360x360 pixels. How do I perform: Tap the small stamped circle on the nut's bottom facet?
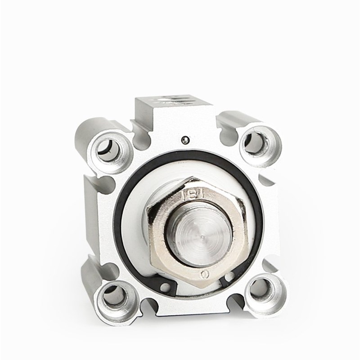[205, 273]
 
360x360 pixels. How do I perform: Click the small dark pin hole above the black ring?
[184, 140]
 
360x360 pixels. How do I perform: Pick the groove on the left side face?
[90, 180]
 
